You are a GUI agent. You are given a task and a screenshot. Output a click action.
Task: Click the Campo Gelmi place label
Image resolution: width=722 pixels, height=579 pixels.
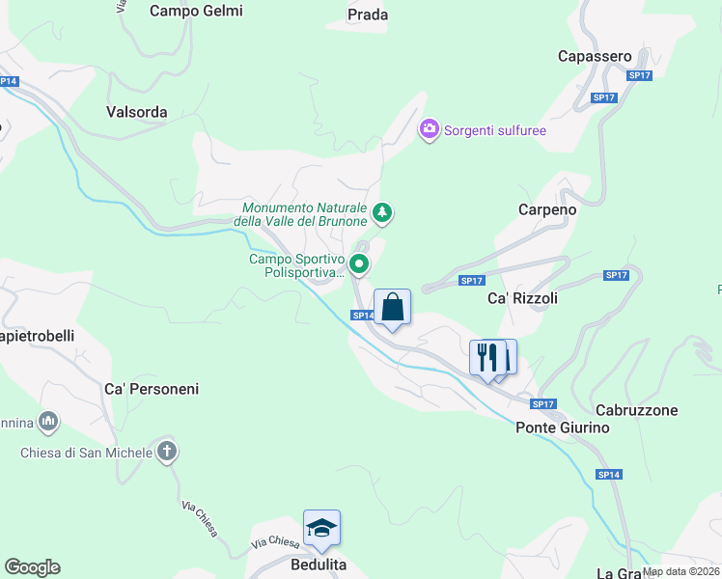(x=197, y=12)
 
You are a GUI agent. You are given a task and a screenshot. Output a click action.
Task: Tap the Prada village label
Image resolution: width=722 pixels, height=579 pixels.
(x=368, y=14)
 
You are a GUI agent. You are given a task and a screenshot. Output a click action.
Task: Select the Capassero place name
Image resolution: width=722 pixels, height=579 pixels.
(x=595, y=57)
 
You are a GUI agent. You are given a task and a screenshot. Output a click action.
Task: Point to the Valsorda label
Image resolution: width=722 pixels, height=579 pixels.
(x=136, y=112)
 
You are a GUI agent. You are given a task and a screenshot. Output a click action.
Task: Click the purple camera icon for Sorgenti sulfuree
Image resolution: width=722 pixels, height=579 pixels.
(x=430, y=129)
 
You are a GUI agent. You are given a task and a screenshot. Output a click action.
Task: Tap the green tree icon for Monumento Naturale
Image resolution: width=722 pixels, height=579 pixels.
(x=382, y=212)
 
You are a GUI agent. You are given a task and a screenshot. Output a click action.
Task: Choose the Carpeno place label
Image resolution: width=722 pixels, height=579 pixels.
(x=547, y=209)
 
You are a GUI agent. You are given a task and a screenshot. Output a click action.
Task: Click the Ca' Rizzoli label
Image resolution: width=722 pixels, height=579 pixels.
(x=522, y=299)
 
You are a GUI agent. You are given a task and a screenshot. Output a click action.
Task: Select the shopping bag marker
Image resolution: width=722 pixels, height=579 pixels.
(x=392, y=309)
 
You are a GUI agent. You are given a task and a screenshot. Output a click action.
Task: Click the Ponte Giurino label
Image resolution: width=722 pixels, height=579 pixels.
(x=563, y=427)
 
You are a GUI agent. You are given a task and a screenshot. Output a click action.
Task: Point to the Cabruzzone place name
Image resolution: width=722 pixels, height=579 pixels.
(x=637, y=410)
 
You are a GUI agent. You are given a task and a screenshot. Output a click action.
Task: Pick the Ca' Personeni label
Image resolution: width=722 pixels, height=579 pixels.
(x=152, y=389)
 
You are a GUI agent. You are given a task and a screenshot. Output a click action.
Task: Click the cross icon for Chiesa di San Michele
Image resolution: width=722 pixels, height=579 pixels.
(x=167, y=451)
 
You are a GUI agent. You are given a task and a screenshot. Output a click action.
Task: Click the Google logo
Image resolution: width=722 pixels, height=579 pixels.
(x=32, y=567)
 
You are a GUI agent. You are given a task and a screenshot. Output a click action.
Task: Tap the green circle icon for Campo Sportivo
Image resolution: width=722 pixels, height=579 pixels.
(x=359, y=263)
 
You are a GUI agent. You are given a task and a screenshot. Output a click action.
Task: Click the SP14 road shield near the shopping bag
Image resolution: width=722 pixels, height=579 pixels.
(x=362, y=316)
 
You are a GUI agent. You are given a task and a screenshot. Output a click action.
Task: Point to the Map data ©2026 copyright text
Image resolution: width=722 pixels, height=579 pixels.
(x=680, y=571)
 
